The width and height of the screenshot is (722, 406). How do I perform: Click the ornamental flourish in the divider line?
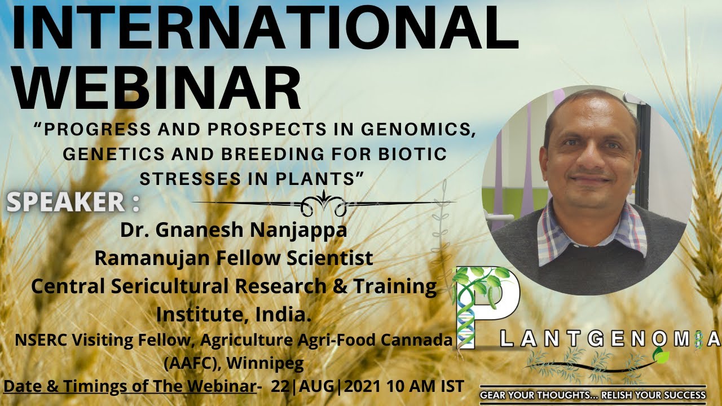(x=324, y=203)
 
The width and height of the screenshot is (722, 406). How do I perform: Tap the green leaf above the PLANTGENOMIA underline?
(x=661, y=356)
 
